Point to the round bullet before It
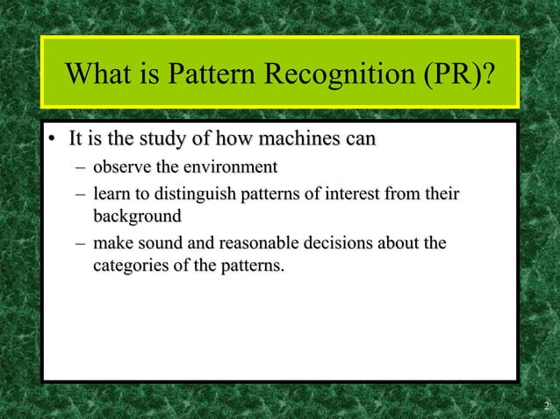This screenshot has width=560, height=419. coord(54,139)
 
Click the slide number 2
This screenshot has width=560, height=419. coord(546,406)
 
